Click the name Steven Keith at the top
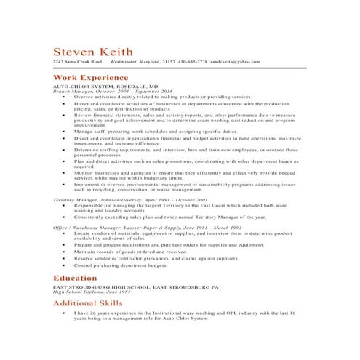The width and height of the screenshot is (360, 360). tap(92, 52)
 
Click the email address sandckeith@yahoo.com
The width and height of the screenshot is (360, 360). tap(236, 62)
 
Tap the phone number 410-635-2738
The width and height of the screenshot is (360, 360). tap(193, 62)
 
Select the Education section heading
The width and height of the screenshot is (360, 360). tap(75, 278)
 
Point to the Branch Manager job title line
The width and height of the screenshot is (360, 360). tap(105, 91)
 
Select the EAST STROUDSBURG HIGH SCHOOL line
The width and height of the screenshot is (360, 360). tap(135, 287)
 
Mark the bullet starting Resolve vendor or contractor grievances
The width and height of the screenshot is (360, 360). tap(155, 258)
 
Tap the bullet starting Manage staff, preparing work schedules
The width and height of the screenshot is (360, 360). tap(145, 131)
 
